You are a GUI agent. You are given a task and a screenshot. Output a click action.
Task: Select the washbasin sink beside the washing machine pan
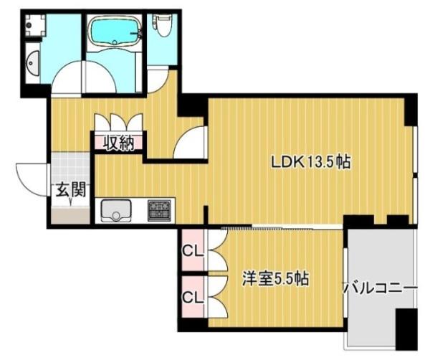[33, 63]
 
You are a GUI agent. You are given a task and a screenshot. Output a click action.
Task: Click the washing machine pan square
[35, 25]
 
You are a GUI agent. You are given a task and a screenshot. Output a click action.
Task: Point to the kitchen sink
[116, 210]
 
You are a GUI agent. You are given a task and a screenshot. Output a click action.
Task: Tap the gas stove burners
[159, 210]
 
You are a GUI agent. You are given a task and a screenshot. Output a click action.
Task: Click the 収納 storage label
[118, 143]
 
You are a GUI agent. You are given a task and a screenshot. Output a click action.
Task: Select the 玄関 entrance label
[71, 189]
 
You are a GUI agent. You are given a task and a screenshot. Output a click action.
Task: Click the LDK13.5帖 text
[311, 163]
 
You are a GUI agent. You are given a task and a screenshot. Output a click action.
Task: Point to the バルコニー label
[381, 289]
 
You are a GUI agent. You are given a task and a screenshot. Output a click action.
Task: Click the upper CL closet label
[193, 251]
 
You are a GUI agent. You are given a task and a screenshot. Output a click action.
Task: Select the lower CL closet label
[193, 297]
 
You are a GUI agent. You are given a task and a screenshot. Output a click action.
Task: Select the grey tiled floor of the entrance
[71, 166]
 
